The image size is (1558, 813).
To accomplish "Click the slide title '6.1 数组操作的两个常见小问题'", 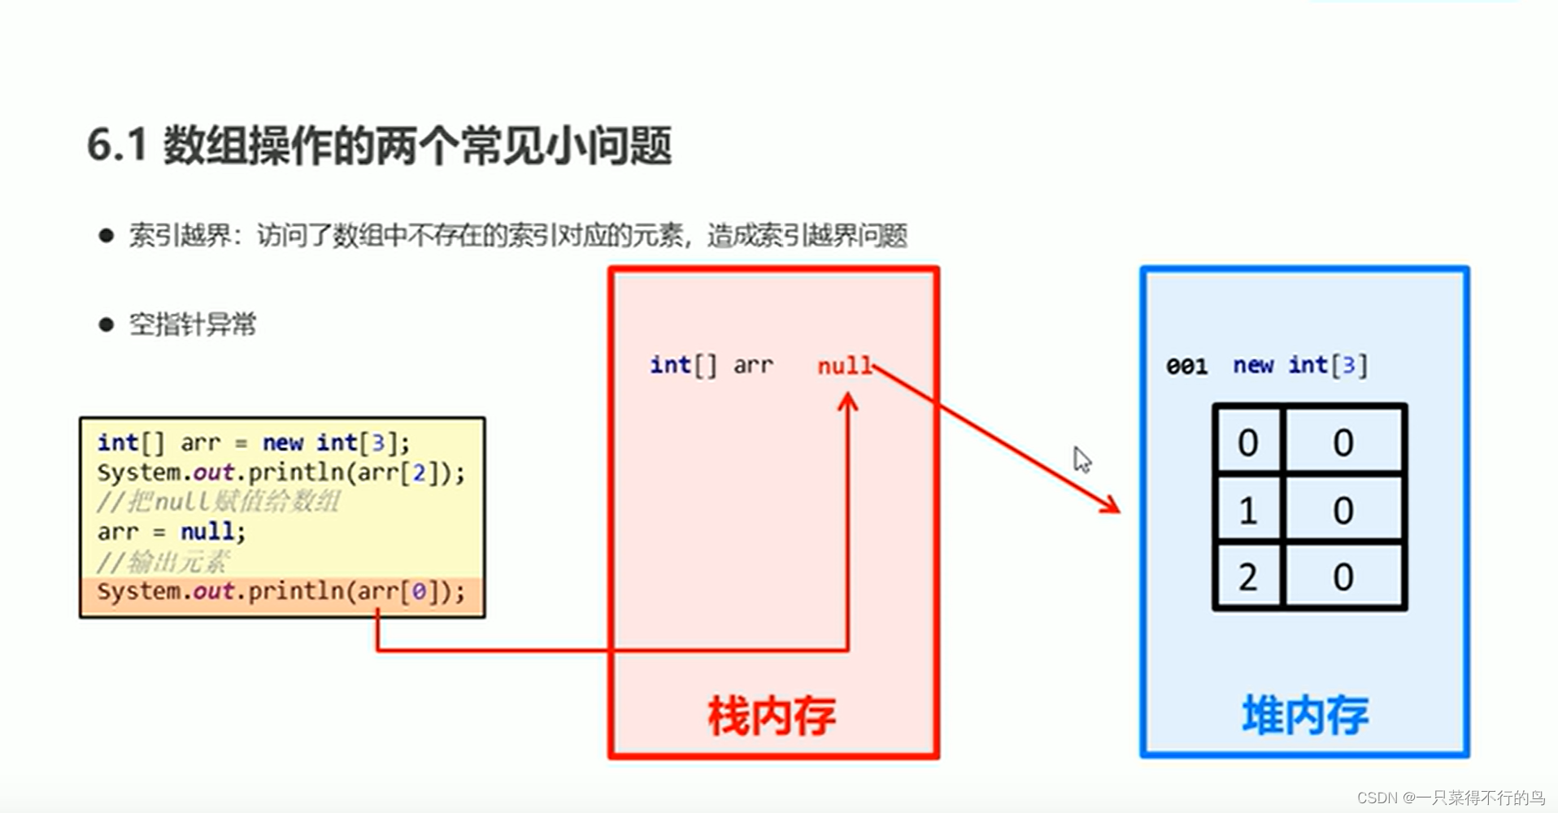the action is pyautogui.click(x=379, y=146).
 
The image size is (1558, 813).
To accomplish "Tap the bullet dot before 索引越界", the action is pyautogui.click(x=106, y=236).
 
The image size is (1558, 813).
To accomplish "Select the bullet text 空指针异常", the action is pyautogui.click(x=193, y=324).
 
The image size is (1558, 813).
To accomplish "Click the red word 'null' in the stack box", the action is pyautogui.click(x=844, y=366).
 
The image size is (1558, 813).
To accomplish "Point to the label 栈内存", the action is pyautogui.click(x=772, y=716).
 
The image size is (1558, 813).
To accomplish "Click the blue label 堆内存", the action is pyautogui.click(x=1304, y=716).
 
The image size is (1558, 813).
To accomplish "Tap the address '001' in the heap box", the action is pyautogui.click(x=1186, y=367).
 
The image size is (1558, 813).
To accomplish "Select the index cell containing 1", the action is pyautogui.click(x=1247, y=511).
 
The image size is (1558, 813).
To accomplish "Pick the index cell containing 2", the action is pyautogui.click(x=1247, y=577).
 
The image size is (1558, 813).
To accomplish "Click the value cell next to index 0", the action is pyautogui.click(x=1343, y=443).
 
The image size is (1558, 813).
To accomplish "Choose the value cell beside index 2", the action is pyautogui.click(x=1343, y=577).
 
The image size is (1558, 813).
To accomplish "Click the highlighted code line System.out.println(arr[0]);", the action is pyautogui.click(x=281, y=592).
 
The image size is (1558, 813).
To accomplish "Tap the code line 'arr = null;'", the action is pyautogui.click(x=171, y=532).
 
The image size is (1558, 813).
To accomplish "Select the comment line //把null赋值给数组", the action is pyautogui.click(x=218, y=502).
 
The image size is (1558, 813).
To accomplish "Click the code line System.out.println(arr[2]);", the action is pyautogui.click(x=281, y=472).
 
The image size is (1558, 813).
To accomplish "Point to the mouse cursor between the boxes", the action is pyautogui.click(x=1081, y=459).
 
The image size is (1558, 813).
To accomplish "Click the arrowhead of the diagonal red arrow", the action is pyautogui.click(x=1111, y=506).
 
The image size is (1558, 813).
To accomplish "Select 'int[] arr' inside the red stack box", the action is pyautogui.click(x=711, y=366).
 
